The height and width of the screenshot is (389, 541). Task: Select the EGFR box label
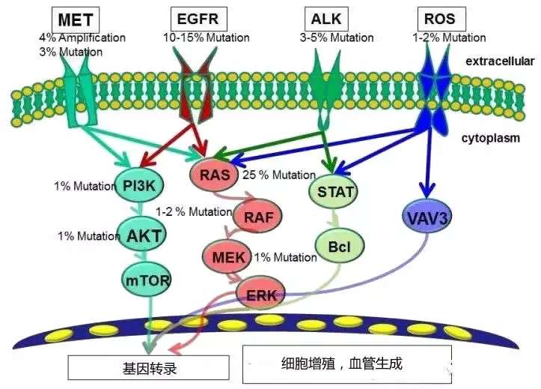point(198,18)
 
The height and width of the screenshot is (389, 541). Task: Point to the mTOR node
point(147,280)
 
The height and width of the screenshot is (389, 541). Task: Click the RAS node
point(216,176)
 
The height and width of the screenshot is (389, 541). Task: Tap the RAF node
point(255,217)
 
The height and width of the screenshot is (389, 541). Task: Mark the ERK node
point(261,294)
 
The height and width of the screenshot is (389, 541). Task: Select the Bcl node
point(340,245)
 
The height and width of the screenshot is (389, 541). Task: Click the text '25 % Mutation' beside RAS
point(279,175)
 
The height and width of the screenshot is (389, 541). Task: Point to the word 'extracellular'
point(500,61)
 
